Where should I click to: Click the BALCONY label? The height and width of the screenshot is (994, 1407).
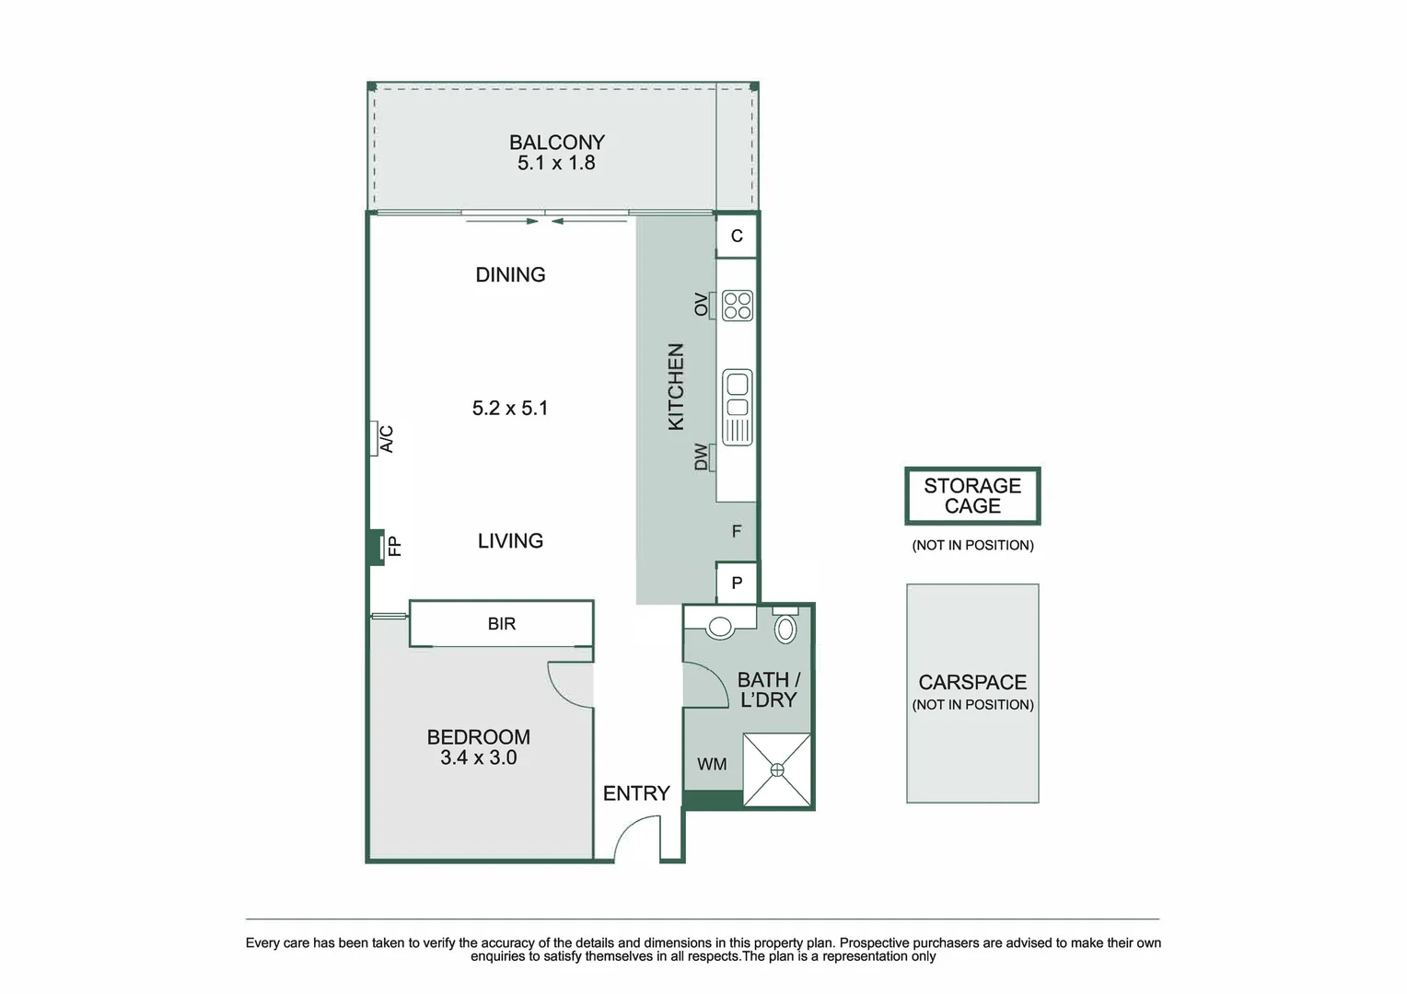click(557, 143)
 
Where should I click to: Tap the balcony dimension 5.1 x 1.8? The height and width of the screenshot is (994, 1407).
click(556, 164)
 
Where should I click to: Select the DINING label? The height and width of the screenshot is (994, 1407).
click(510, 274)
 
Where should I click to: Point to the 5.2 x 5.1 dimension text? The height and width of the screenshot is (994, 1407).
click(510, 408)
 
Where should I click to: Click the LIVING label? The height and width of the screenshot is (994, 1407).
click(510, 541)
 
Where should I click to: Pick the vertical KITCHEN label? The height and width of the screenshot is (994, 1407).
click(676, 387)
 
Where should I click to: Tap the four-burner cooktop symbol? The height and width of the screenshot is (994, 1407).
click(738, 306)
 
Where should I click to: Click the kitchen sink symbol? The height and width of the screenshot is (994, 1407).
click(738, 407)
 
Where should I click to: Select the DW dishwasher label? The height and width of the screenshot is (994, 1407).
click(702, 457)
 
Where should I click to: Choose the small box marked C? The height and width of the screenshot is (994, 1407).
click(737, 237)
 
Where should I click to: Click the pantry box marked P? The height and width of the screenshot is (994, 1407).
click(737, 583)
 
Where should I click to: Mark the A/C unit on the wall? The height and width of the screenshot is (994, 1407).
click(376, 438)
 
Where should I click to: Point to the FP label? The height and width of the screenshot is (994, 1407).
click(395, 547)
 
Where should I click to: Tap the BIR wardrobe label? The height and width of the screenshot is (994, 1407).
click(502, 624)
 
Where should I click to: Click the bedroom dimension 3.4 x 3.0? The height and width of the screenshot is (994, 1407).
click(479, 758)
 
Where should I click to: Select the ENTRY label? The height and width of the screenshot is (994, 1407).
click(636, 793)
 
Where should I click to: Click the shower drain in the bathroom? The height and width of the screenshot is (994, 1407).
click(778, 770)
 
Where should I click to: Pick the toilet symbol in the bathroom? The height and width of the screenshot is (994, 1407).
click(785, 629)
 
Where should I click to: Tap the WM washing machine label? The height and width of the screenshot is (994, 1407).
click(712, 765)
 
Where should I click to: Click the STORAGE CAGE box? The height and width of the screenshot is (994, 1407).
click(972, 496)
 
